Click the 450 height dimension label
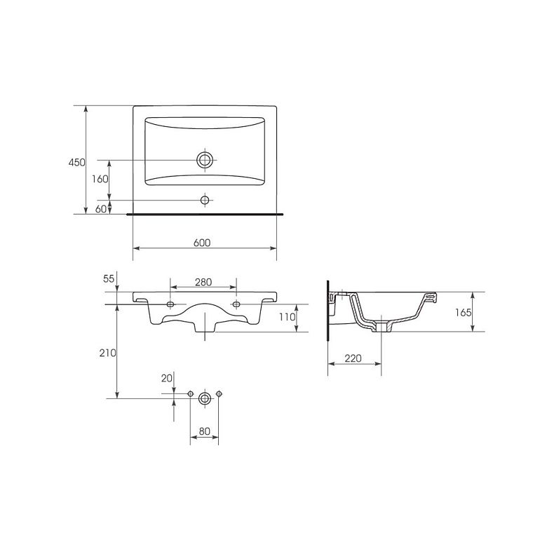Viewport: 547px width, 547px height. point(76,163)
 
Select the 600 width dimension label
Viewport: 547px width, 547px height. point(202,243)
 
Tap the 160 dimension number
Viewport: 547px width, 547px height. point(100,180)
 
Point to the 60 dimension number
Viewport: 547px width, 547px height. point(101,209)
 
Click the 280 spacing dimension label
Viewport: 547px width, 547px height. point(203,282)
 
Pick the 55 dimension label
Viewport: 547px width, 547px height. point(109,278)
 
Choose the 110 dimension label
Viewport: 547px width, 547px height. point(288,317)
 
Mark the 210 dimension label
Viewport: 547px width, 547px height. point(108,353)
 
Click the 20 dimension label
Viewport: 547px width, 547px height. point(167,378)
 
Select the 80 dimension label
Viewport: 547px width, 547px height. point(205,431)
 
